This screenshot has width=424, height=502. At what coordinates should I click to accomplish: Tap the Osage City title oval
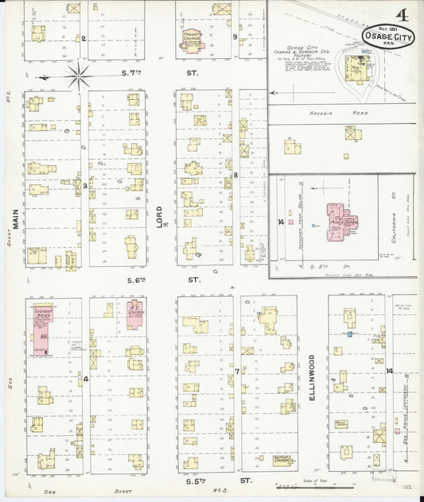point(387,37)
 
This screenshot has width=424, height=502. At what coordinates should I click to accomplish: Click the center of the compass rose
point(78,77)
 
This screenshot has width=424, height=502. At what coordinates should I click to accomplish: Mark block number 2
point(83,37)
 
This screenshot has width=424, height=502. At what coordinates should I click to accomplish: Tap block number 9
point(234,37)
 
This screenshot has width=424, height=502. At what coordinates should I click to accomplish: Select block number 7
point(236,371)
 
